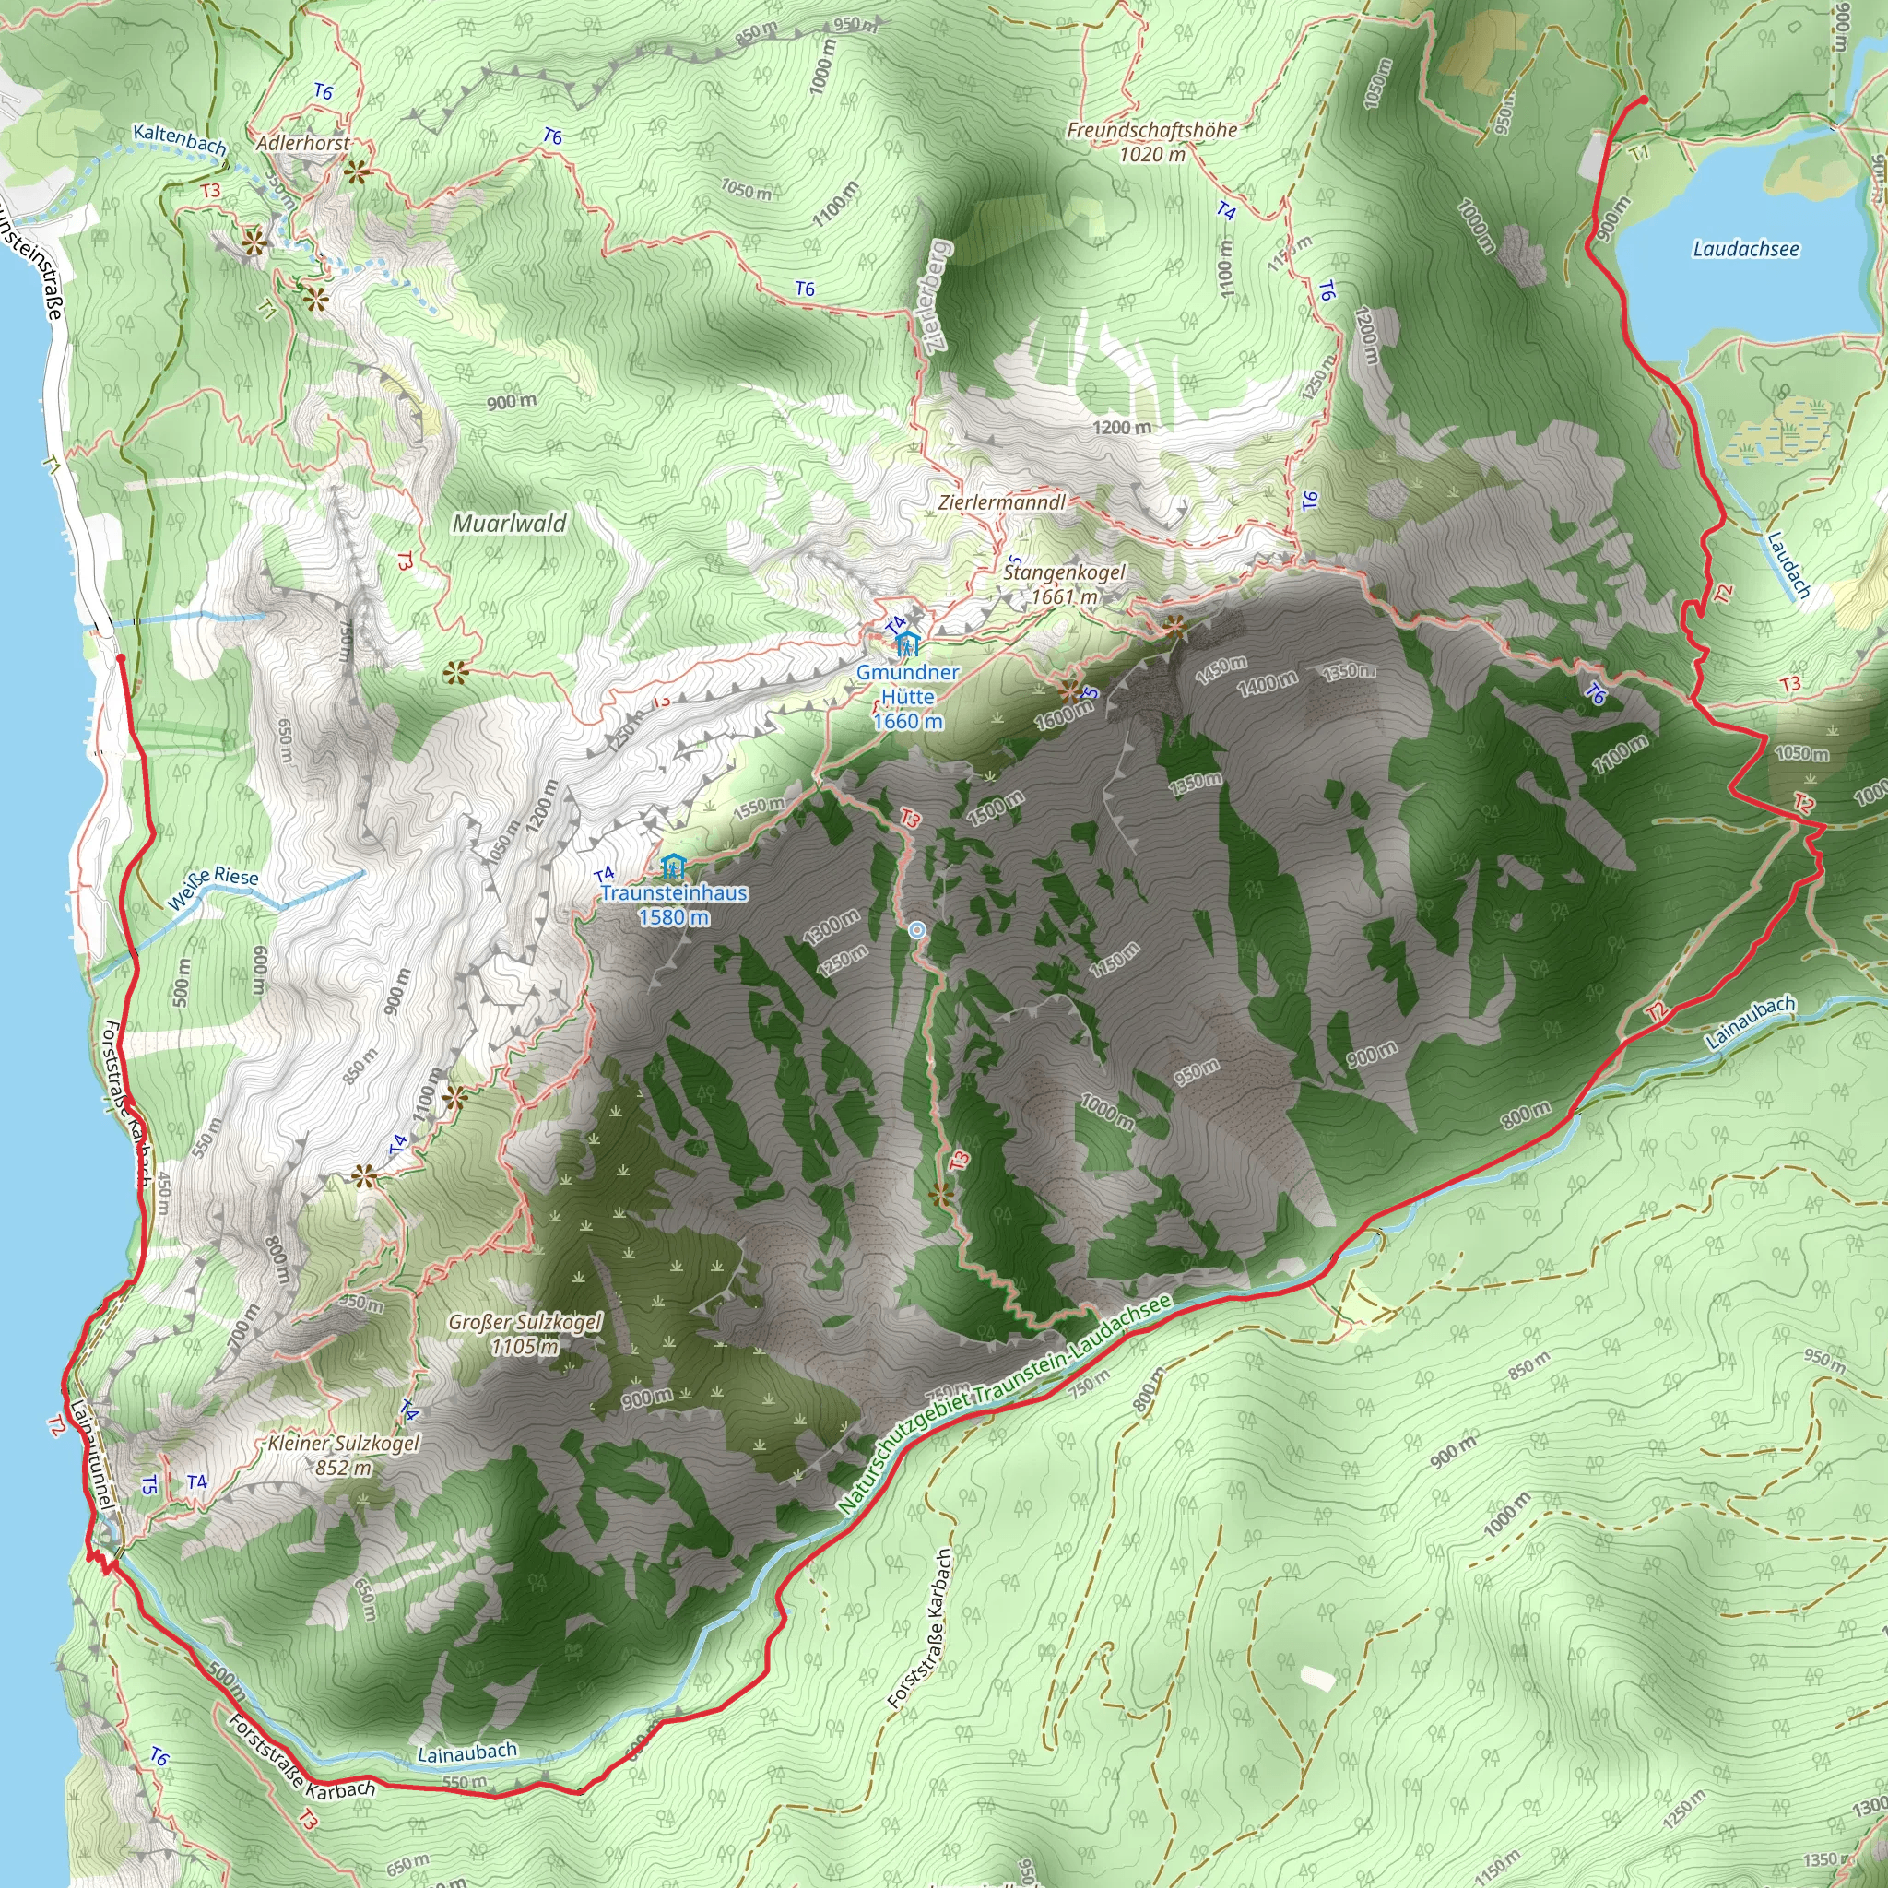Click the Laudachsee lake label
pyautogui.click(x=1745, y=249)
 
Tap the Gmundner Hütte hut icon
pyautogui.click(x=907, y=644)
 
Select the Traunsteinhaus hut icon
pyautogui.click(x=671, y=866)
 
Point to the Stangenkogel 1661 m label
pyautogui.click(x=1063, y=584)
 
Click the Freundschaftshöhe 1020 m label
pyautogui.click(x=1151, y=142)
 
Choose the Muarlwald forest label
pyautogui.click(x=509, y=523)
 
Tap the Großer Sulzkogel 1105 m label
pyautogui.click(x=525, y=1334)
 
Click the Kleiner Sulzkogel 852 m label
pyautogui.click(x=343, y=1455)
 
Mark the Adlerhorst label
pyautogui.click(x=302, y=143)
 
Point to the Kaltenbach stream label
pyautogui.click(x=180, y=139)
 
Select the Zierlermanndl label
pyautogui.click(x=1002, y=502)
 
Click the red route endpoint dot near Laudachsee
pyautogui.click(x=1644, y=100)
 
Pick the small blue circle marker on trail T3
pyautogui.click(x=916, y=930)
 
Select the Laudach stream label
pyautogui.click(x=1788, y=565)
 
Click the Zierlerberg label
pyautogui.click(x=937, y=295)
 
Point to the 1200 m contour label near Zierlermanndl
pyautogui.click(x=1122, y=427)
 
